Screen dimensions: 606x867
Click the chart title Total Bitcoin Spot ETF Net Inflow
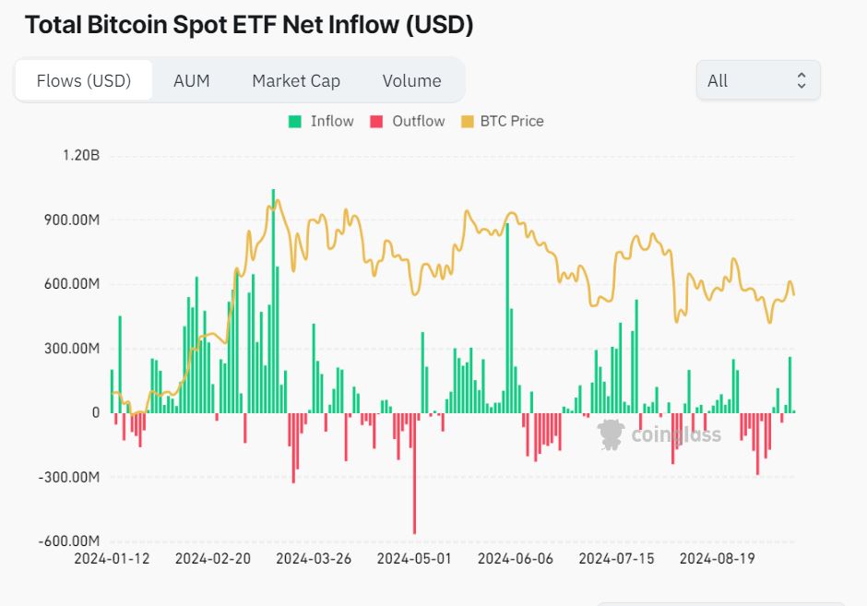(249, 25)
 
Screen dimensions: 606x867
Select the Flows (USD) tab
(84, 80)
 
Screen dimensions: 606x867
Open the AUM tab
(191, 80)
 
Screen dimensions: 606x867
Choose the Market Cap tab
(296, 80)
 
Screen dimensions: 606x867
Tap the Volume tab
(411, 80)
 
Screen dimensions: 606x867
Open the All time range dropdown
(757, 80)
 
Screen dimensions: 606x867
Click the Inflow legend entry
(321, 121)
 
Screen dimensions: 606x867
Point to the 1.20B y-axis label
(81, 155)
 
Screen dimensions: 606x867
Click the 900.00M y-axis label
(71, 220)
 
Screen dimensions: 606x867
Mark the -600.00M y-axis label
(68, 541)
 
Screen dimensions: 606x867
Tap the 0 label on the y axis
(95, 412)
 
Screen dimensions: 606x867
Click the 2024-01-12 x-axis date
(111, 558)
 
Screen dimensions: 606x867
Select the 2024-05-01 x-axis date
(415, 558)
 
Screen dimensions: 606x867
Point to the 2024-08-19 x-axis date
(718, 558)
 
